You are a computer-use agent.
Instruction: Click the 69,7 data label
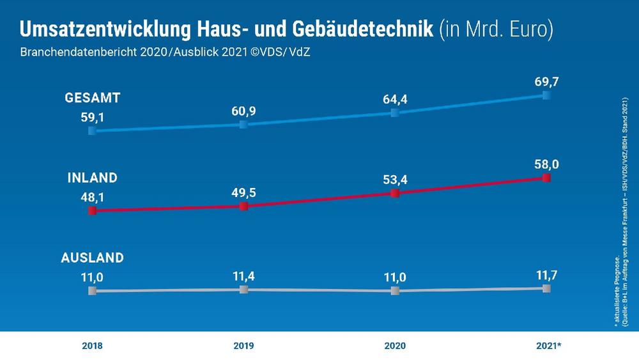coord(546,81)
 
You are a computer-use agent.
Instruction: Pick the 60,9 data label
coord(243,111)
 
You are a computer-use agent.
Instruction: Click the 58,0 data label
coord(546,164)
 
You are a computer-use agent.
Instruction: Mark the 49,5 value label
coord(243,192)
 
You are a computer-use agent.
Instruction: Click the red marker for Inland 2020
coord(395,193)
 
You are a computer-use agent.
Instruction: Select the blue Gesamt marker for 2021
coord(546,95)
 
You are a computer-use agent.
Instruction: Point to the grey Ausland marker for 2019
coord(243,290)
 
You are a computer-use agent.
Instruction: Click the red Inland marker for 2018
coord(92,211)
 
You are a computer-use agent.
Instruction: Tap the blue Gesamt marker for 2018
coord(92,130)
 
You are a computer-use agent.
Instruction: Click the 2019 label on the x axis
coord(243,346)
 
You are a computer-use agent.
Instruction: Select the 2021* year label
coord(548,346)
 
